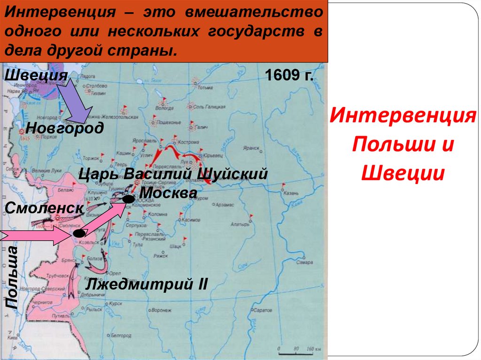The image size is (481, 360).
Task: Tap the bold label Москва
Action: point(168,192)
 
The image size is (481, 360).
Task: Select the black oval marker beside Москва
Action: point(128,200)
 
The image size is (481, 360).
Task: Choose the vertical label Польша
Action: point(12,277)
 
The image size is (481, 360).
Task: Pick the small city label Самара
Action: point(305,262)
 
